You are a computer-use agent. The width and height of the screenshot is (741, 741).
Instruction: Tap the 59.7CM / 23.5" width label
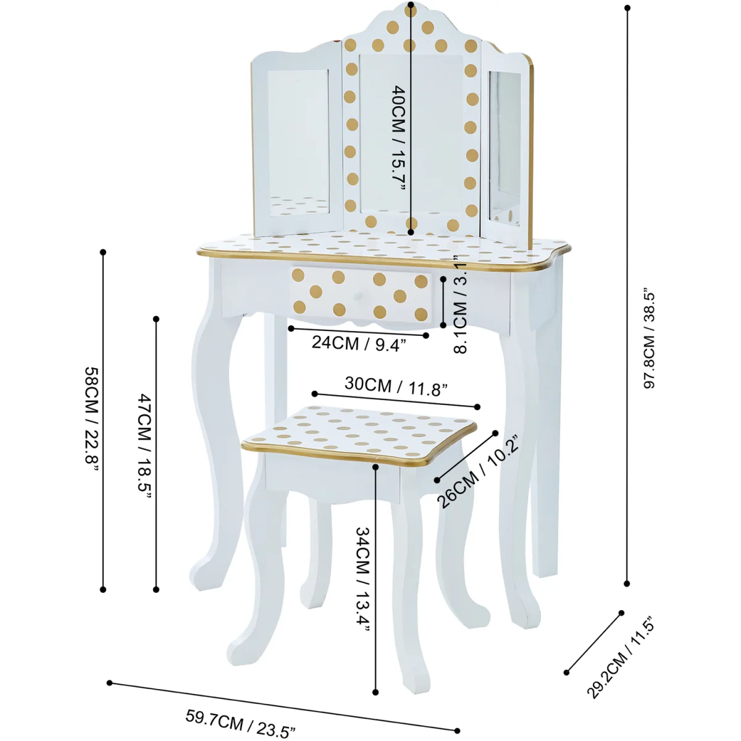[x=241, y=721]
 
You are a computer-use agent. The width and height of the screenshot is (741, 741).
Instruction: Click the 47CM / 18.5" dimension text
[x=145, y=445]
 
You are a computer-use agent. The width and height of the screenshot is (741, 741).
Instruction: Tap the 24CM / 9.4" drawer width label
[x=359, y=343]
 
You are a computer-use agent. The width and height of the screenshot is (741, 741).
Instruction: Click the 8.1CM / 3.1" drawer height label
[x=460, y=304]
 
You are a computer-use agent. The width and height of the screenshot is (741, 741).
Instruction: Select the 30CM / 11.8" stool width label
[x=396, y=386]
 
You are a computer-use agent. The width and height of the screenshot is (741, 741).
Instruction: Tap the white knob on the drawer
[x=358, y=295]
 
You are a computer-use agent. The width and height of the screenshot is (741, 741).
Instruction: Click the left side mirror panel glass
[x=299, y=143]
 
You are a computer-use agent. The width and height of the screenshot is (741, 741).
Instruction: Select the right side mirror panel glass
[x=505, y=149]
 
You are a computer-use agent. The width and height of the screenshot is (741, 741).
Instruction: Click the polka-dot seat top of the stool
[x=359, y=434]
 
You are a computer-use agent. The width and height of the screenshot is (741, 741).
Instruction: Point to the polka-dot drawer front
[x=361, y=295]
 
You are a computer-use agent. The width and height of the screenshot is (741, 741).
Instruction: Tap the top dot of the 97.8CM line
[x=627, y=7]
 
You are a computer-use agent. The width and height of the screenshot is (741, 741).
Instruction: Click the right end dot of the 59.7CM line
[x=457, y=731]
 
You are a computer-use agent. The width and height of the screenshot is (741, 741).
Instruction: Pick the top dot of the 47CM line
[x=156, y=319]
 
